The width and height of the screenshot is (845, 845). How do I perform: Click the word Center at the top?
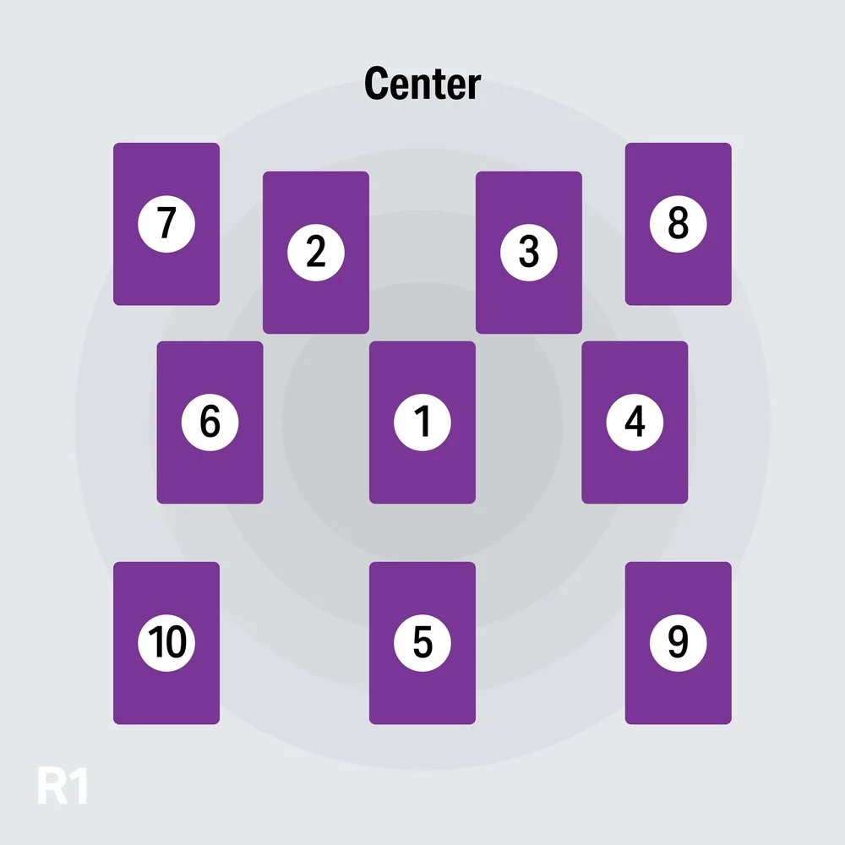pos(422,84)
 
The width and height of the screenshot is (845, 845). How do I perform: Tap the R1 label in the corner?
pos(63,786)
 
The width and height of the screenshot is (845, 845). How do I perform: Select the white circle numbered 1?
pos(422,422)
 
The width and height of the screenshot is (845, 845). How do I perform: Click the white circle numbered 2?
pos(316,252)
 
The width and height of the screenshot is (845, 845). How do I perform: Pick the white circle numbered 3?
pos(529,252)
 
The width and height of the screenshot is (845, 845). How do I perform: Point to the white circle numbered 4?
pos(635,422)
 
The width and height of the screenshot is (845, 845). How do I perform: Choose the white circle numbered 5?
pos(422,643)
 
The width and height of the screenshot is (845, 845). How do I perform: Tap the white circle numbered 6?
pos(210,422)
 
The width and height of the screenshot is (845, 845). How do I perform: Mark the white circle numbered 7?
pos(166,224)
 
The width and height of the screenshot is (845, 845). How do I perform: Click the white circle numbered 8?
pos(678,224)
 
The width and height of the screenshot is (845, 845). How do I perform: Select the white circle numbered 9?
pos(678,643)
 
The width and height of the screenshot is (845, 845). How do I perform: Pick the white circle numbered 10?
pos(166,643)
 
